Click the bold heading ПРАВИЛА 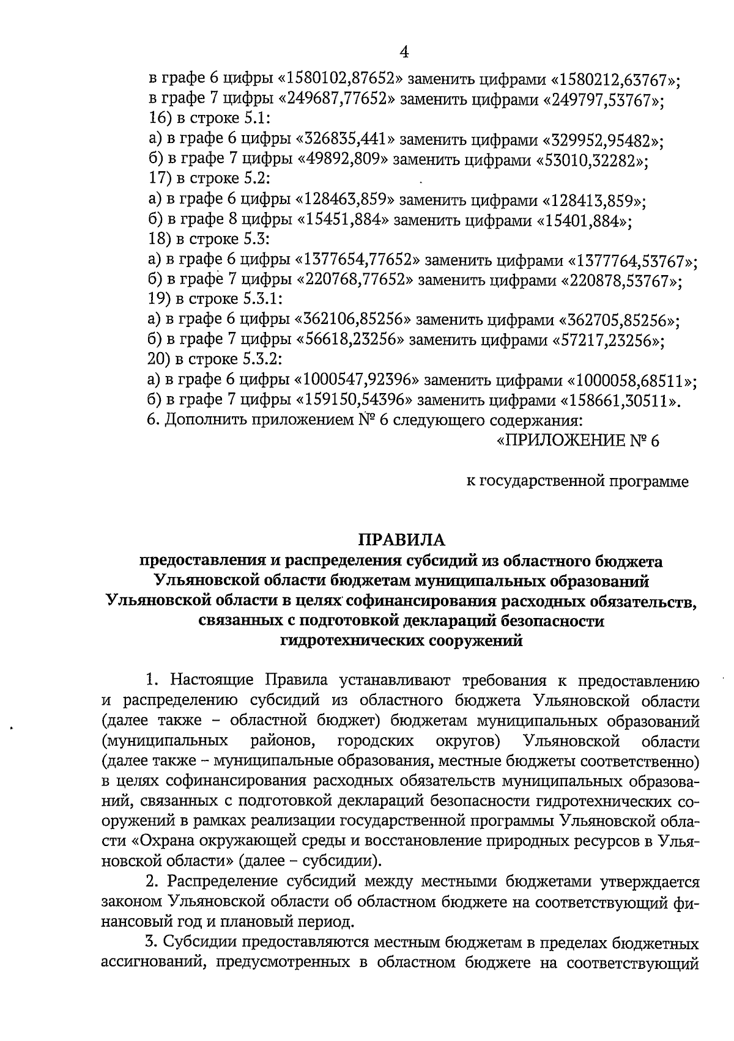(402, 540)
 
